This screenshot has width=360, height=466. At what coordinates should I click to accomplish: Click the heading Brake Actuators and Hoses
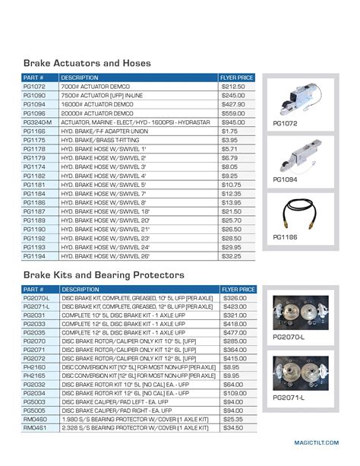[87, 63]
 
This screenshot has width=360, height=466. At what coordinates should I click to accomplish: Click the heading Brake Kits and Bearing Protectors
[104, 274]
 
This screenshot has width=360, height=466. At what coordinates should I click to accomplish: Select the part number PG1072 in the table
[35, 87]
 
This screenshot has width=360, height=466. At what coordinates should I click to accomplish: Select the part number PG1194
[35, 257]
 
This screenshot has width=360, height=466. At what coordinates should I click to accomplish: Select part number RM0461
[36, 427]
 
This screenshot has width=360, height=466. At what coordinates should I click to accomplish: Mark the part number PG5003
[36, 401]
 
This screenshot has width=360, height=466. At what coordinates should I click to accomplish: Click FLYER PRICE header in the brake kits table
[237, 290]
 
